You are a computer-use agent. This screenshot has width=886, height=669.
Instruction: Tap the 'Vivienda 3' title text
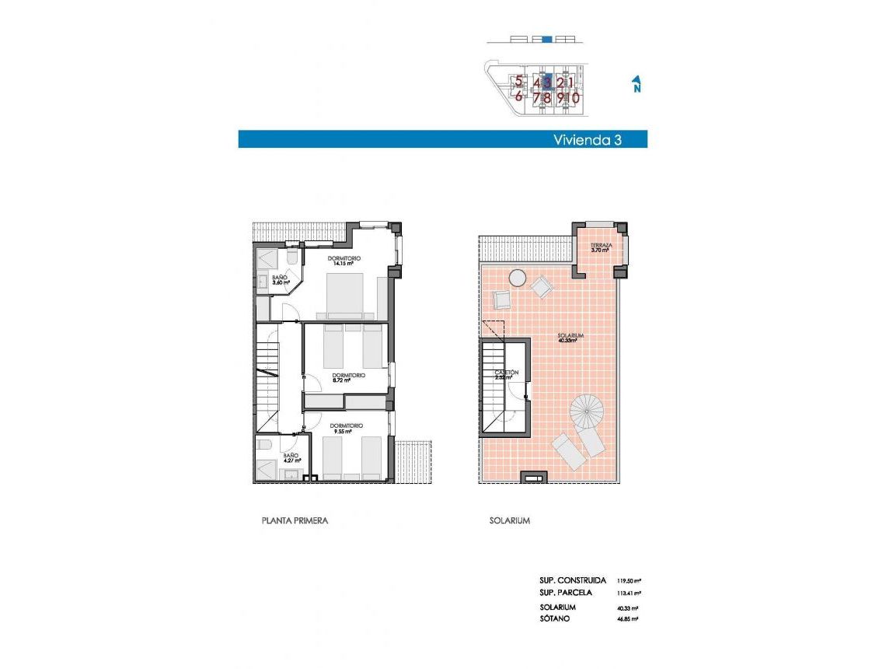(x=588, y=140)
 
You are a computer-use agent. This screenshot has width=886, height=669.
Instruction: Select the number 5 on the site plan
(x=518, y=80)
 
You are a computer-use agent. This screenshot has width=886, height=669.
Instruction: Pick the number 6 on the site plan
(x=518, y=97)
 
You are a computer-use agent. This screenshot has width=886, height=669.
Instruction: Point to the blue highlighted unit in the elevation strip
(x=546, y=39)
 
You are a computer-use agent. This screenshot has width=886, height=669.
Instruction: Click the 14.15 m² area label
(x=344, y=264)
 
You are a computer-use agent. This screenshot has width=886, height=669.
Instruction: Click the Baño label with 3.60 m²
(x=281, y=279)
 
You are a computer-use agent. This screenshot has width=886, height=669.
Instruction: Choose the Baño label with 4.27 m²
(x=291, y=458)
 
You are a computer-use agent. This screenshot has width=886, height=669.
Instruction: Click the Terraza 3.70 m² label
(x=601, y=248)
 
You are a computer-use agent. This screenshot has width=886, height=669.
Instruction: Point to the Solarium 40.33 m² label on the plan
(x=570, y=338)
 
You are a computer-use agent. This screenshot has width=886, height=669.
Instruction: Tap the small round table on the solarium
(x=517, y=277)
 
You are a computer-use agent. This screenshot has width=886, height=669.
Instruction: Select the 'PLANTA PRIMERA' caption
(x=295, y=520)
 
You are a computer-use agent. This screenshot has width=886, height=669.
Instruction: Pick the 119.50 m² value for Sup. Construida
(x=629, y=580)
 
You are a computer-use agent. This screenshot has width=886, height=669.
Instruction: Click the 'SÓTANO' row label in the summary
(x=556, y=618)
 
